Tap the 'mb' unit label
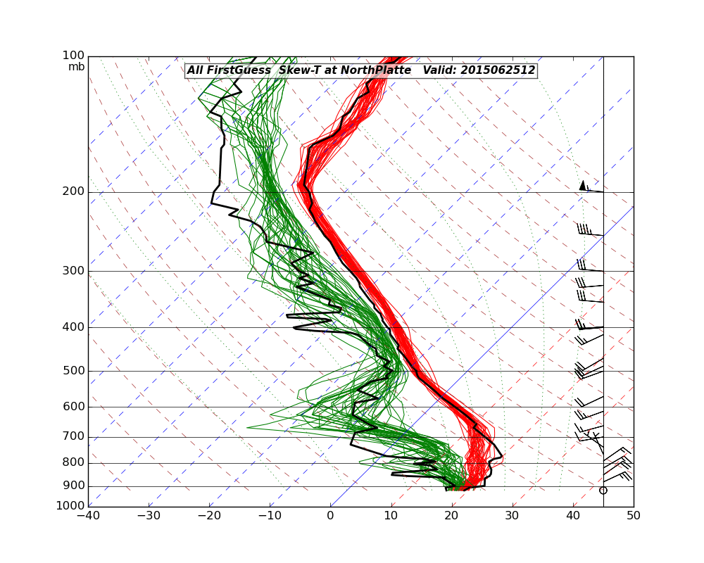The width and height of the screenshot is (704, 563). point(76,67)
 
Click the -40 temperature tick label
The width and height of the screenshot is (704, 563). point(88,517)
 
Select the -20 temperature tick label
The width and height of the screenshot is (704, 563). point(209,517)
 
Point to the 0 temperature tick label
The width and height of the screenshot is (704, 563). point(331,517)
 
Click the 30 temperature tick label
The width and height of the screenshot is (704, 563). point(513,517)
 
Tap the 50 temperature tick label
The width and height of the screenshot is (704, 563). point(634,517)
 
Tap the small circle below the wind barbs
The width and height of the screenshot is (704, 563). point(603,490)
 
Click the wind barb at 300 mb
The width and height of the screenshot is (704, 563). point(589,267)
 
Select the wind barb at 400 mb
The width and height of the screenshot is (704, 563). point(589,326)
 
